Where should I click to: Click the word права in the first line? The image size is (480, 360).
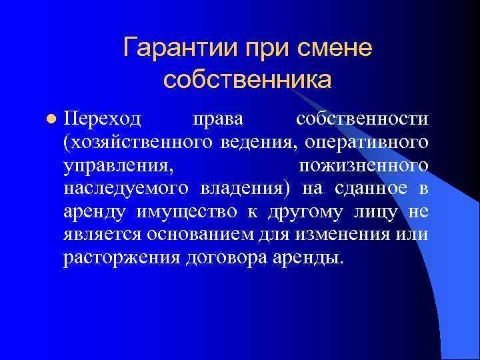[217, 119]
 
